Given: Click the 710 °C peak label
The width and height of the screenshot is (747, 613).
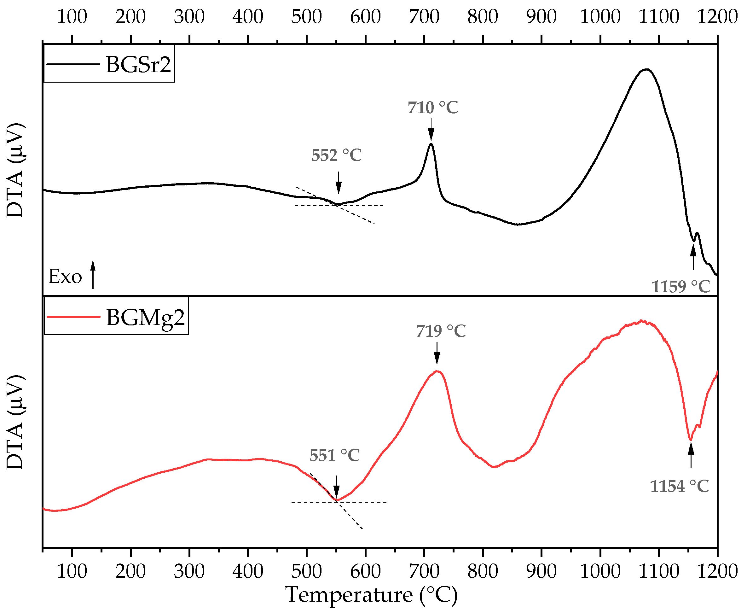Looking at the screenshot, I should (x=433, y=108).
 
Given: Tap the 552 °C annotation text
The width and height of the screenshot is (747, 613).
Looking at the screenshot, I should (x=336, y=156).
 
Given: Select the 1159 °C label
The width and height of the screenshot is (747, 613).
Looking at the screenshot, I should (x=680, y=287).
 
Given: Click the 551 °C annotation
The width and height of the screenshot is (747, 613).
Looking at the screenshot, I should (x=334, y=456).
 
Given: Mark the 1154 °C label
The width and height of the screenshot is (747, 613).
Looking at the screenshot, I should (x=679, y=487).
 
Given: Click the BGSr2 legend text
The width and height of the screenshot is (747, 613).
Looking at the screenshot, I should (x=138, y=65).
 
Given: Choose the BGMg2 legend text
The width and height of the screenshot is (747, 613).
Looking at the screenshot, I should (x=145, y=318).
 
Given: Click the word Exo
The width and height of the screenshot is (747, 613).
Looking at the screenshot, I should (x=65, y=277).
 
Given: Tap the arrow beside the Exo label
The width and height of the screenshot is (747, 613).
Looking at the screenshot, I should (x=93, y=275).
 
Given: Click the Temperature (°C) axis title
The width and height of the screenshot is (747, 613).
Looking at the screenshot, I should (x=371, y=595).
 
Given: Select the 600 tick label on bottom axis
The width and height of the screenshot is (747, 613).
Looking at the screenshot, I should (x=365, y=571).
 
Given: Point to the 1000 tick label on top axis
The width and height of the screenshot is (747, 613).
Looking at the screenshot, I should (x=600, y=17).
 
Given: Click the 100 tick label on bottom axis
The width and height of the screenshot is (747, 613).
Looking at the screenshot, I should (x=72, y=571).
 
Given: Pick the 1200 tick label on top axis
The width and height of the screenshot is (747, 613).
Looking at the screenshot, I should (x=717, y=17).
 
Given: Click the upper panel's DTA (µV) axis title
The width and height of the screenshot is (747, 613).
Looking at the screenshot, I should (x=15, y=171).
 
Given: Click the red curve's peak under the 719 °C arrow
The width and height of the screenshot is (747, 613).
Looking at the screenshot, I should (x=437, y=371).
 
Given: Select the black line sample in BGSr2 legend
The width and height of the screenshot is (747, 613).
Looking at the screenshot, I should (x=73, y=64).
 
